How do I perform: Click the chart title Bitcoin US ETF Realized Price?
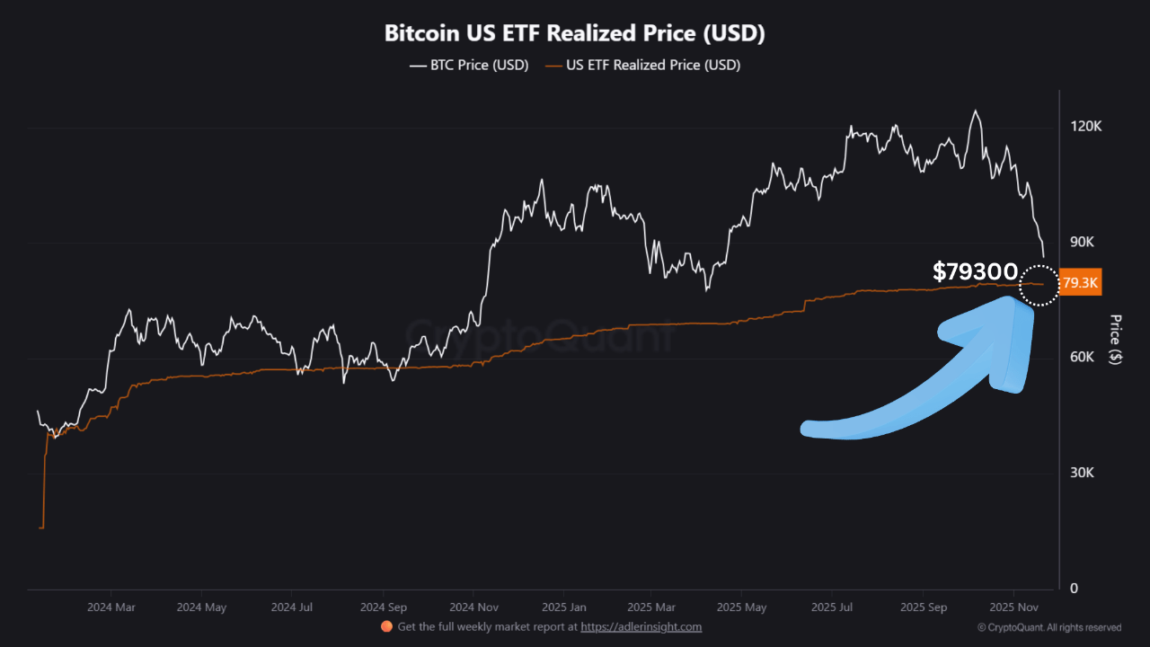[575, 33]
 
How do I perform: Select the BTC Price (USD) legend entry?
[469, 65]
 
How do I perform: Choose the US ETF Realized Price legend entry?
[643, 65]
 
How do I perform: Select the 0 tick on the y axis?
[1073, 589]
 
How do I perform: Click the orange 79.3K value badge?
[1080, 283]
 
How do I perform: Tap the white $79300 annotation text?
[975, 271]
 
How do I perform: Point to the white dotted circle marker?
[1039, 285]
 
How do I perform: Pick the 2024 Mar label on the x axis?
[111, 607]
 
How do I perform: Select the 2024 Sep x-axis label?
[384, 607]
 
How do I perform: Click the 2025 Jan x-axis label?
[565, 607]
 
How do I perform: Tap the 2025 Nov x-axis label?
[1014, 607]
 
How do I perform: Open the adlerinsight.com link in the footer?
[641, 627]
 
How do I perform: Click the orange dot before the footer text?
[386, 626]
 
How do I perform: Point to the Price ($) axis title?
[1115, 339]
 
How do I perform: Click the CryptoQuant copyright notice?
[1049, 627]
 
